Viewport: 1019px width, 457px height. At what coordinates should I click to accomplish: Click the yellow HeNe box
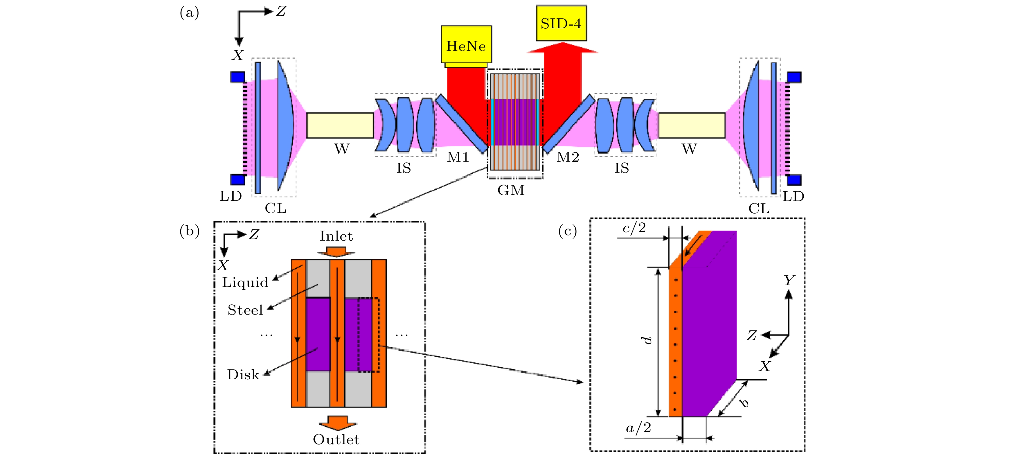[x=466, y=44]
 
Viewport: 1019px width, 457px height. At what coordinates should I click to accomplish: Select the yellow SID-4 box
[x=561, y=23]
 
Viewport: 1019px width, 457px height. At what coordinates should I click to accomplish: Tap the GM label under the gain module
[x=511, y=190]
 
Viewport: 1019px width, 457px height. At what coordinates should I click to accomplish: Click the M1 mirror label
[x=458, y=158]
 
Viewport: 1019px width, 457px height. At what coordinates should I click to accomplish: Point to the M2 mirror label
[x=568, y=158]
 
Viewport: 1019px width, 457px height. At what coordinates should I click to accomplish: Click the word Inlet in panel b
[x=336, y=236]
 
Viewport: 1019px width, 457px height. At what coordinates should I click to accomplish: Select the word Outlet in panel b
[x=336, y=440]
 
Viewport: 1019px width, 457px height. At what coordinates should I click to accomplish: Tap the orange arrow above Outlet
[x=337, y=423]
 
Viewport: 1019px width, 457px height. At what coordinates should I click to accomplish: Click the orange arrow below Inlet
[x=336, y=252]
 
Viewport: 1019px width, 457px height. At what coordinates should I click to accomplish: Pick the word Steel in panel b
[x=245, y=310]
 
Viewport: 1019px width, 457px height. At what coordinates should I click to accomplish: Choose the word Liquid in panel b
[x=245, y=282]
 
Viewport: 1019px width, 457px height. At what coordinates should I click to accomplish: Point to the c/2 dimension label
[x=634, y=228]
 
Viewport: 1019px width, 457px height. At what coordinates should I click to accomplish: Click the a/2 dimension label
[x=638, y=428]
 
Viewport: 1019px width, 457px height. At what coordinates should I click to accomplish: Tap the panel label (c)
[x=567, y=231]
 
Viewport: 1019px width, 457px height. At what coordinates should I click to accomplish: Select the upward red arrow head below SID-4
[x=562, y=48]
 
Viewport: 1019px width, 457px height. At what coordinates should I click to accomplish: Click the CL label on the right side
[x=759, y=208]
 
